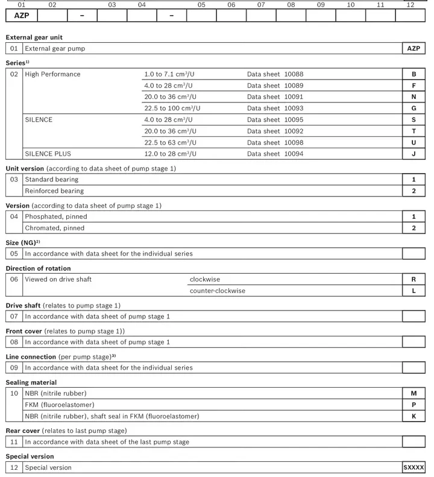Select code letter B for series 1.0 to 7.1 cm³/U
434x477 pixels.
pos(414,74)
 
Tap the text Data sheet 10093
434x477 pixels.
pos(275,109)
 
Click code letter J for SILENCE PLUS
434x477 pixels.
pos(414,154)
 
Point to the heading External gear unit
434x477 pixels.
pos(34,37)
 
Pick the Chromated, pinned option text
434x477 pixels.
pos(55,228)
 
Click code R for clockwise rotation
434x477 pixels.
pos(414,280)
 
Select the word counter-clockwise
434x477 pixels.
pos(218,291)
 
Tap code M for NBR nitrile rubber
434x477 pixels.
pos(414,394)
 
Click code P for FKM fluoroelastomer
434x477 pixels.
pos(414,405)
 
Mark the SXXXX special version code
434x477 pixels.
pos(414,467)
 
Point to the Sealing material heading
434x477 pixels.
pos(31,382)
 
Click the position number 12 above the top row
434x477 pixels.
pos(410,5)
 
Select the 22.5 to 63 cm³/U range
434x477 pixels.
pos(170,142)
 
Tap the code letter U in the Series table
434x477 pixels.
pos(414,142)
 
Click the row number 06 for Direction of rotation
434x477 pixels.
pos(14,280)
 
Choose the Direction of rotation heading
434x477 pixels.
pos(38,268)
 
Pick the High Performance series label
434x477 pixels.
pos(52,74)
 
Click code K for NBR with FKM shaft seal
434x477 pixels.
pos(414,416)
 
